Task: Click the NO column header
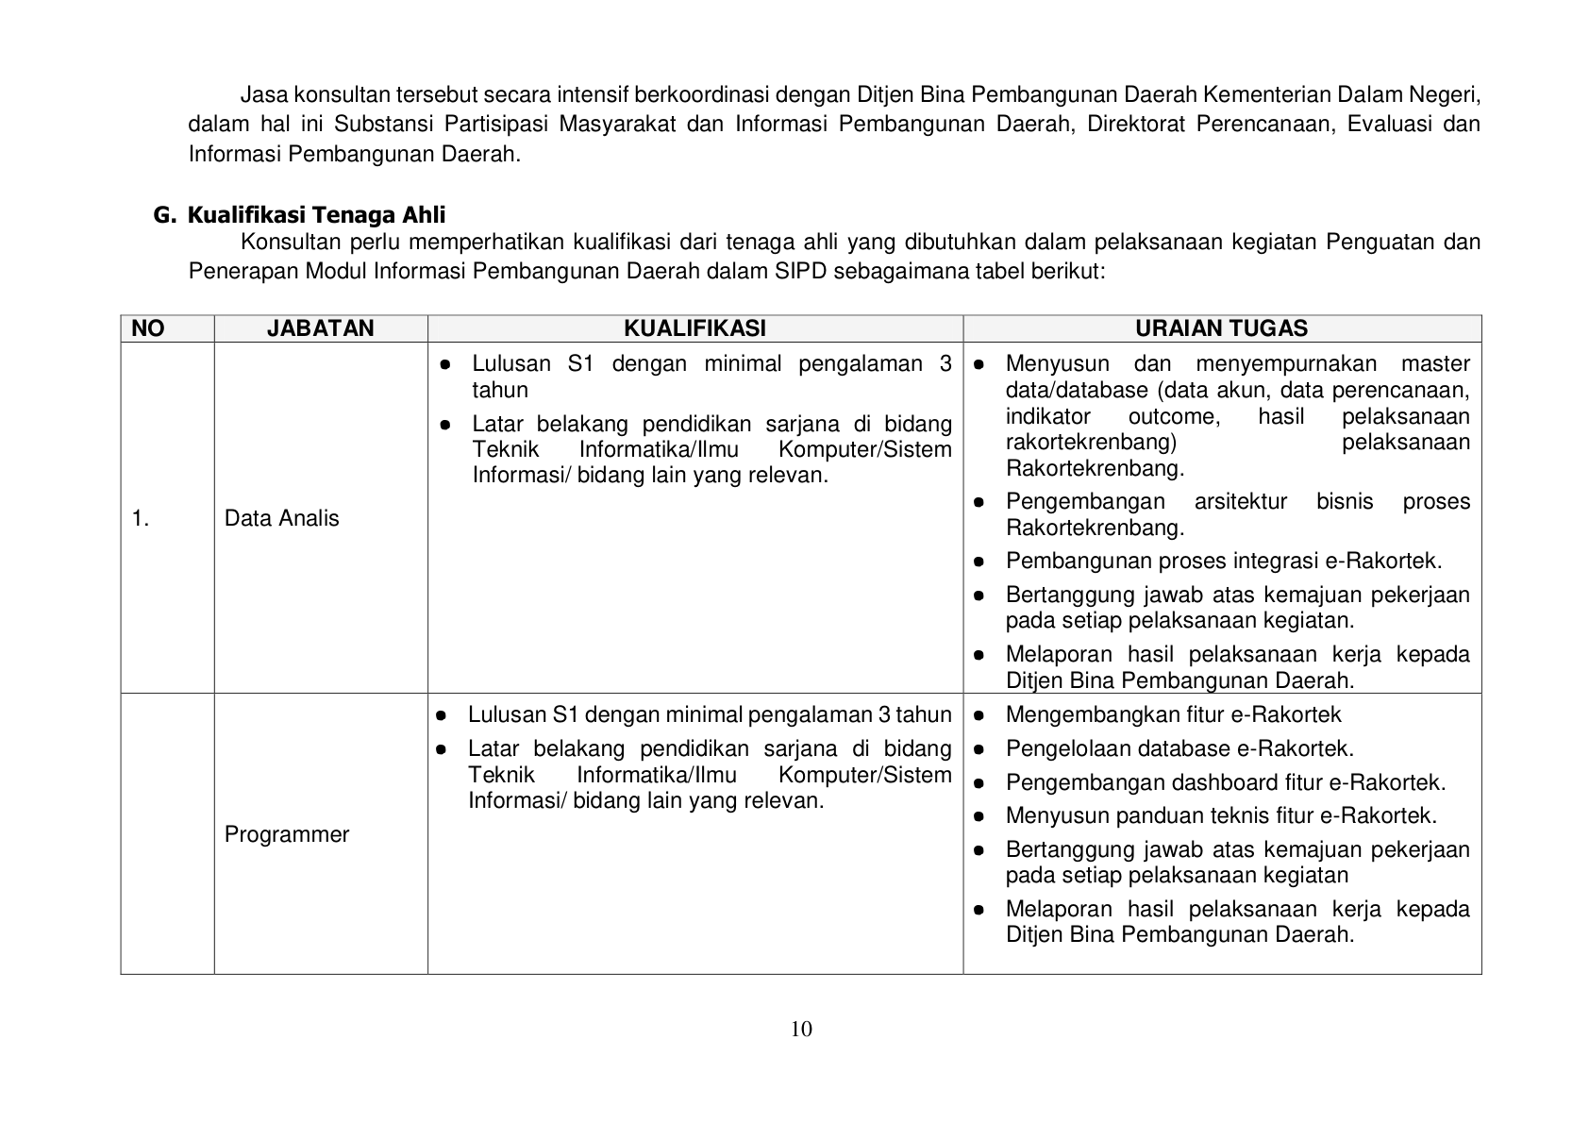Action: pos(148,328)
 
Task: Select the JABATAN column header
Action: pos(320,328)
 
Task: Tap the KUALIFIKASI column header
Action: pos(694,328)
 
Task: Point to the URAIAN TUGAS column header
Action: pos(1221,328)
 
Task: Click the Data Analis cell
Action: pos(281,518)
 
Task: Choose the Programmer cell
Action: pos(287,834)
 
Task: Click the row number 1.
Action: pos(141,518)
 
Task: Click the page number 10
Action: pos(800,1029)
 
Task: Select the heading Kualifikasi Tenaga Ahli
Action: pos(316,215)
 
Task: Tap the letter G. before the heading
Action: pos(164,215)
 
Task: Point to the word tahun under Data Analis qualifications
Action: pos(500,390)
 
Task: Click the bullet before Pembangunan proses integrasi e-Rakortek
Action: pos(979,562)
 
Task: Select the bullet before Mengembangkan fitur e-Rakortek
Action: pos(979,715)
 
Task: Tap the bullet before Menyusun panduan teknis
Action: pos(979,815)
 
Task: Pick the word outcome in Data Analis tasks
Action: pos(1173,417)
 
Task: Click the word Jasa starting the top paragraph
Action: pos(263,94)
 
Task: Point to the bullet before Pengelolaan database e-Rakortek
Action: pos(979,749)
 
